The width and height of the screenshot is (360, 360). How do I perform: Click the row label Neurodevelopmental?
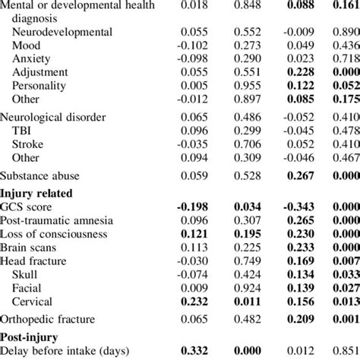tap(63, 33)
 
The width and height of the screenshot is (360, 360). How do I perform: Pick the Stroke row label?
tap(29, 143)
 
